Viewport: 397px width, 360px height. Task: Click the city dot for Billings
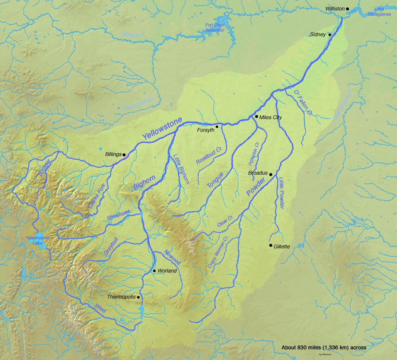coord(124,155)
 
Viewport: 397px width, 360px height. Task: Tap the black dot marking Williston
coord(347,9)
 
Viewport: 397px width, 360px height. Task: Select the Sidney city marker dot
coord(330,35)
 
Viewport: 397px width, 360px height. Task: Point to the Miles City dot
coord(257,117)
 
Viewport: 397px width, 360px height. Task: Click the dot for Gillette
coord(271,245)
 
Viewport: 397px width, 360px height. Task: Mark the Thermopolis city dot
coord(139,297)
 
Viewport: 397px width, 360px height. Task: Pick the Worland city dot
coord(154,271)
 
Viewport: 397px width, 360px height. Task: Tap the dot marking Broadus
coord(271,174)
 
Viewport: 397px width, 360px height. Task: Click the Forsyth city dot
coord(217,127)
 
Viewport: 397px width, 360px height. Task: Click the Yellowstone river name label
coord(163,128)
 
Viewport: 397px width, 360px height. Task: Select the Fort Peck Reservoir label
coord(215,28)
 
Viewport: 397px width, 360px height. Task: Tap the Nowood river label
coord(172,257)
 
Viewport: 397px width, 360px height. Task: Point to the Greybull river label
coord(111,246)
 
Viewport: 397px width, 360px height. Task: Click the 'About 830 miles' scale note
coord(324,347)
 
